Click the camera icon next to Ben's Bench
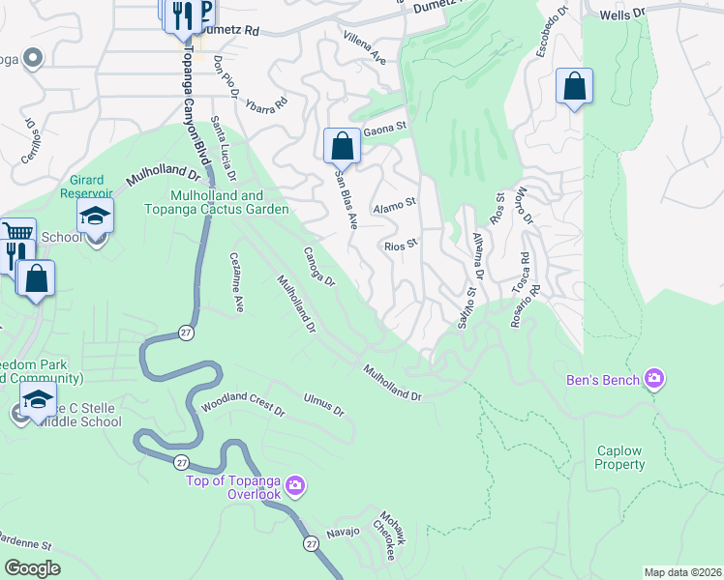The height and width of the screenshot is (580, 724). coord(654,379)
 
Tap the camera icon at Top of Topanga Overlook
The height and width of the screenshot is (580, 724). coord(294,484)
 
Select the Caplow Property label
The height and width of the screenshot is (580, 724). coord(620,457)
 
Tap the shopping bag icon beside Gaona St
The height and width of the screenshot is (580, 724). coord(342,146)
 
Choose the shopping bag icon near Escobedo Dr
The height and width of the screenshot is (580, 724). coord(574,86)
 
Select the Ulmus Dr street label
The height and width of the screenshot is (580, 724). coord(322,403)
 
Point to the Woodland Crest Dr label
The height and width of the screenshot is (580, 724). coord(243,404)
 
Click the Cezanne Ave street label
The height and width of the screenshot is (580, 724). coord(236,281)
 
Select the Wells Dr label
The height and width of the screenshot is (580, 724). coord(621,14)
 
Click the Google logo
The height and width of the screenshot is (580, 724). coord(32,567)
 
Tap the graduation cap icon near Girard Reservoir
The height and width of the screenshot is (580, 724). coord(96,217)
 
